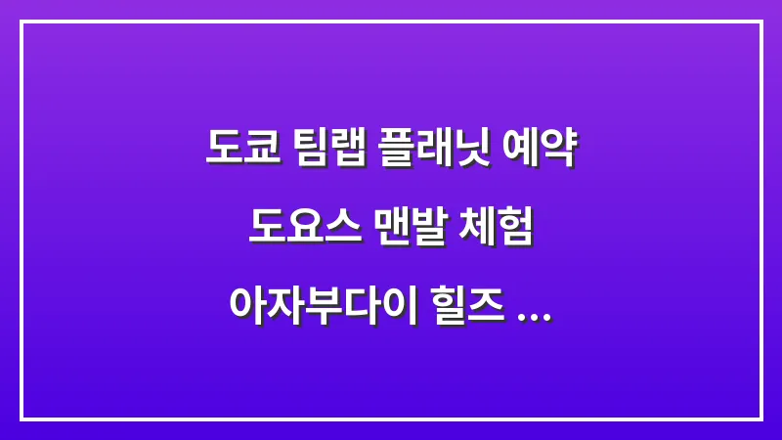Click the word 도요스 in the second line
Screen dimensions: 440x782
pos(300,229)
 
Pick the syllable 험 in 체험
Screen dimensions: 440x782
pos(518,229)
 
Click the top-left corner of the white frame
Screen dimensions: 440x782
pos(22,22)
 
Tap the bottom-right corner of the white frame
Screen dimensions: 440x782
pos(760,418)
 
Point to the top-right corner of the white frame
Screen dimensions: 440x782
pos(760,22)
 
